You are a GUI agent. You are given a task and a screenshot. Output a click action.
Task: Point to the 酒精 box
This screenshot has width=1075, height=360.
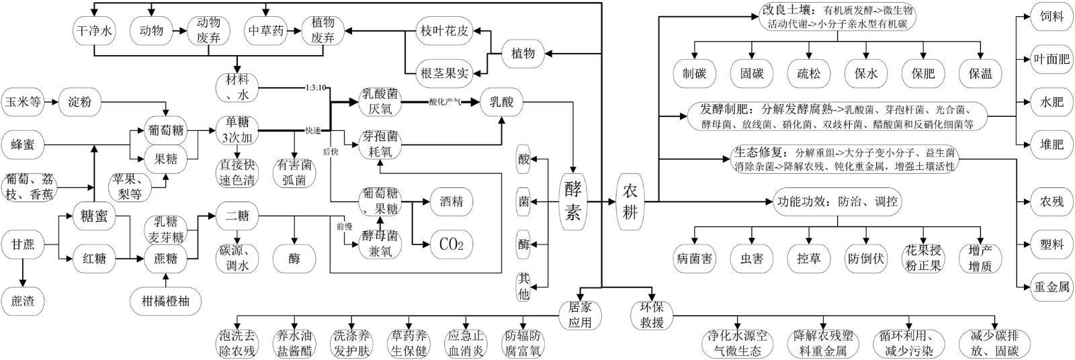point(451,201)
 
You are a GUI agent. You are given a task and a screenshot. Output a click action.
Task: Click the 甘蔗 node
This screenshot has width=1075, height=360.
point(24,244)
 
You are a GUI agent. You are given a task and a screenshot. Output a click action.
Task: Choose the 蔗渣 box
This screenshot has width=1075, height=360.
point(24,301)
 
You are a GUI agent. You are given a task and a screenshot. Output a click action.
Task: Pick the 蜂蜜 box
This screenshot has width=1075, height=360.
point(24,144)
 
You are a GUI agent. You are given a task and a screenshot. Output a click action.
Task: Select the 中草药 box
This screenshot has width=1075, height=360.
point(266,31)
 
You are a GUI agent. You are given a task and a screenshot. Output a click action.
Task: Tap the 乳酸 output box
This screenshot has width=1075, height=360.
point(501,103)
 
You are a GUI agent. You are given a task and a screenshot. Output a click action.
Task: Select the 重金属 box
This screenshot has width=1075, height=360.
point(1051,287)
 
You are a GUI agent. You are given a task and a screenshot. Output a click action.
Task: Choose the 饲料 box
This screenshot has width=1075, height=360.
point(1051,16)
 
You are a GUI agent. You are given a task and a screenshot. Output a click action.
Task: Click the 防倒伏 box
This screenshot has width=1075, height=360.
point(865,258)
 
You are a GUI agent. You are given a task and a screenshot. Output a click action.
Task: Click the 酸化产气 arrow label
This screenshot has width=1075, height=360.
point(444,103)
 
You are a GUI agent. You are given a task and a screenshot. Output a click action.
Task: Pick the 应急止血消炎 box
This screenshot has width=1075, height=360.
point(466,343)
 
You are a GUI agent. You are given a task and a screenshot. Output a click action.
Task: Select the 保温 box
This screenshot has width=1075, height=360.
point(980,74)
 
